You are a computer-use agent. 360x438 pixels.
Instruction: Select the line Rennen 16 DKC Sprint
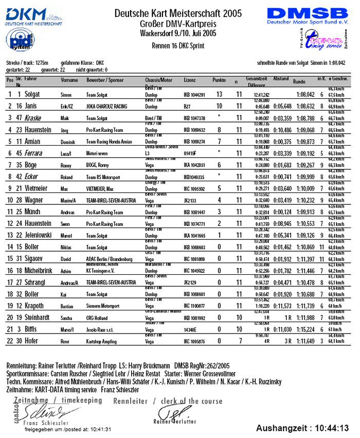[x=178, y=46]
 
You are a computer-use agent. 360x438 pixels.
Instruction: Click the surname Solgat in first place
[x=29, y=95]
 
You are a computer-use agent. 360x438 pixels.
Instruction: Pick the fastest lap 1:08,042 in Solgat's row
[x=305, y=95]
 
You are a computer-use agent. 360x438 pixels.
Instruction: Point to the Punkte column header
[x=219, y=80]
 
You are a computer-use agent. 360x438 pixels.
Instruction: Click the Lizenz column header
[x=189, y=81]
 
